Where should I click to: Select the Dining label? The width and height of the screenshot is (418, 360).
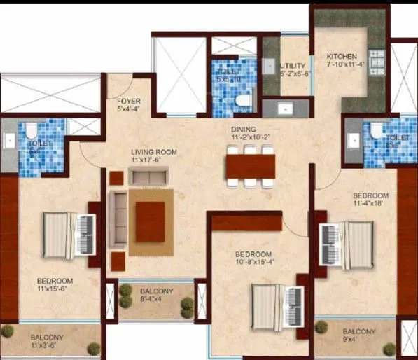coord(244,130)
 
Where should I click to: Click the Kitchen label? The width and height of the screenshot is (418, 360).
coord(342,57)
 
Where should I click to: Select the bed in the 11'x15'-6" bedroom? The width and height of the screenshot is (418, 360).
coord(67,234)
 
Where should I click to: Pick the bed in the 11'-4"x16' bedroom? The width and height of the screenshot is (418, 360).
coord(347,242)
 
